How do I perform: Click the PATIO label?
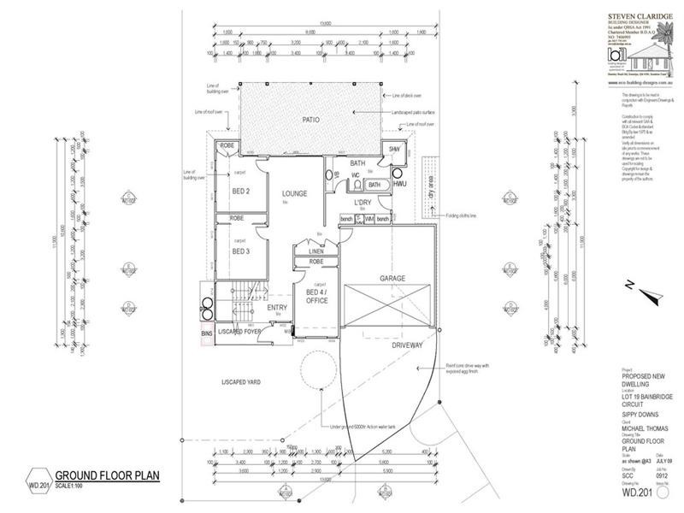[310, 121]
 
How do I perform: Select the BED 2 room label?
[240, 191]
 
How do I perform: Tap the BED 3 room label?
[240, 251]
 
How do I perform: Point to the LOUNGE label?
[294, 193]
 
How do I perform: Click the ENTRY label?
[276, 308]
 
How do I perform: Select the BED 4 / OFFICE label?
[317, 296]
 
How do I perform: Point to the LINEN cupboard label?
[315, 251]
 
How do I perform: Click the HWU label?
[400, 184]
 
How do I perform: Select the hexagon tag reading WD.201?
[38, 477]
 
